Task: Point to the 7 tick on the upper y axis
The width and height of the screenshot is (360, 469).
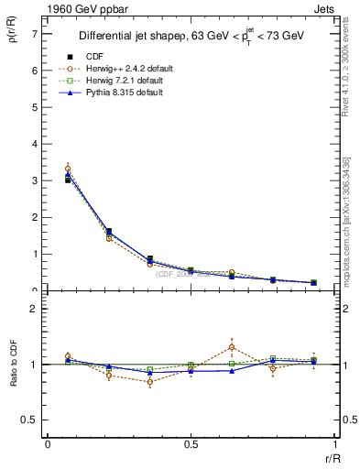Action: (36, 33)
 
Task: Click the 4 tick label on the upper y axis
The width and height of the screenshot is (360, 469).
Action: (36, 144)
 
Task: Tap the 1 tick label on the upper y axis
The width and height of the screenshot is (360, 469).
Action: (36, 254)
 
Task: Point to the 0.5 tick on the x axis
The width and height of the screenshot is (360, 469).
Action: (191, 444)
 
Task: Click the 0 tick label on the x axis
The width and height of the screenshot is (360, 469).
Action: (48, 444)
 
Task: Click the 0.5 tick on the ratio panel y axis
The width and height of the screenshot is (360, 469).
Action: (33, 420)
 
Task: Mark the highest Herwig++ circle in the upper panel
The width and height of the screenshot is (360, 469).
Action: (68, 169)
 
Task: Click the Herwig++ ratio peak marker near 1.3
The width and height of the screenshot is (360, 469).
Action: (232, 347)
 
